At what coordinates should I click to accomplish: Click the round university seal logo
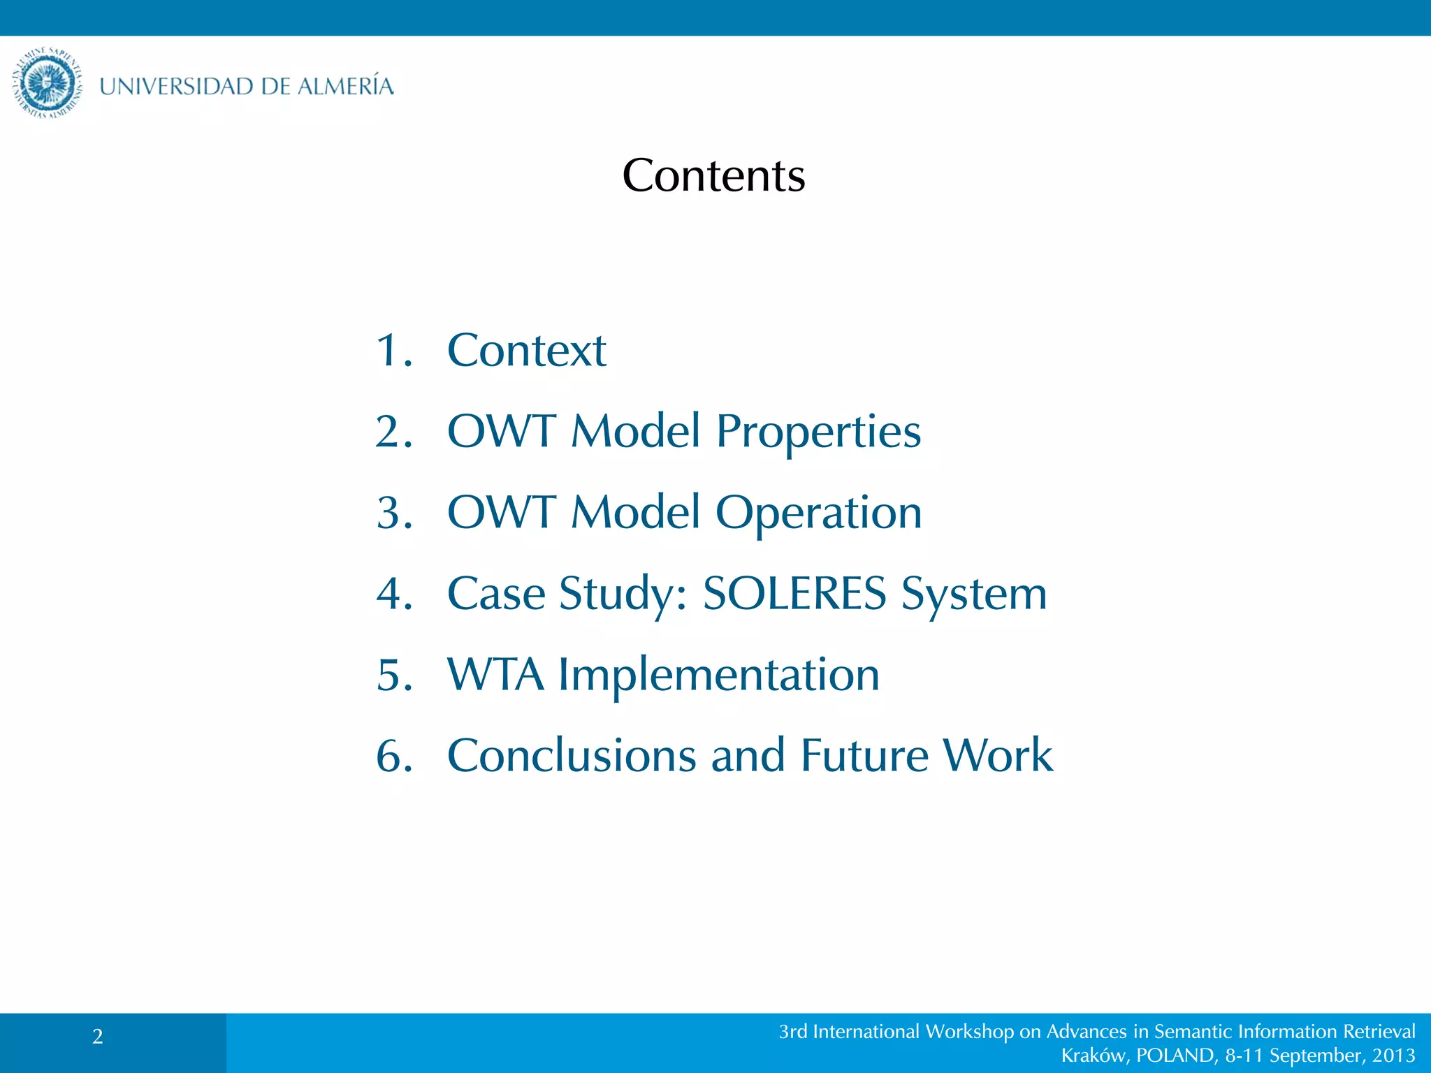pos(48,83)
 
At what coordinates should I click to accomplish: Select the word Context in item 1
pos(526,350)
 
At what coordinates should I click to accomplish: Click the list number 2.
pos(392,431)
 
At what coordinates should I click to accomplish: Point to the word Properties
pos(818,432)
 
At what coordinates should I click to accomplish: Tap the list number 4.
pos(392,594)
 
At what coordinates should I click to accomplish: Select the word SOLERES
pos(794,594)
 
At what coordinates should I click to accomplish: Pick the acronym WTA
pos(495,675)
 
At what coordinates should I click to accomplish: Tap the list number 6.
pos(392,756)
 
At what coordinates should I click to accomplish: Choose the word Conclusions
pos(572,756)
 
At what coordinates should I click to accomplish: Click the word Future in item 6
pos(864,756)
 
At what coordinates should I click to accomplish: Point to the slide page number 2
pos(98,1037)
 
